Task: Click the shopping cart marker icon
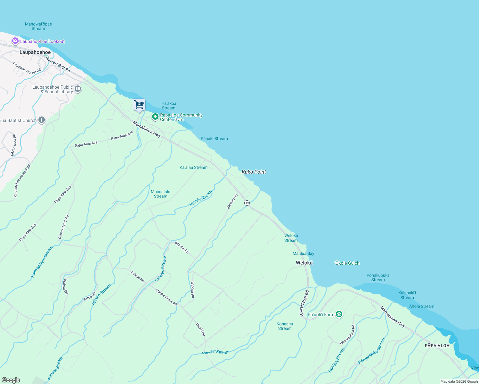tap(139, 105)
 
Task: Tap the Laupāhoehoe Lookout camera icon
tap(15, 41)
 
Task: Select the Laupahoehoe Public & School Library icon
tap(78, 89)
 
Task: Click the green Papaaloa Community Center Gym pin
tap(155, 117)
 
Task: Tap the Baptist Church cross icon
tap(41, 120)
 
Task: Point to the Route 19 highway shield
tap(247, 203)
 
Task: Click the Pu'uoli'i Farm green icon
tap(339, 314)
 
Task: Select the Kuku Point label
tap(254, 172)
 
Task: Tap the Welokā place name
tap(304, 263)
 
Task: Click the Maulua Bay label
tap(303, 253)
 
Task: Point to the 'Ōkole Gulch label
tap(347, 263)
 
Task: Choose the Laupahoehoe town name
tap(35, 52)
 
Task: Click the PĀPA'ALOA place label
tap(437, 346)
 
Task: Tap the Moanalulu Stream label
tap(160, 194)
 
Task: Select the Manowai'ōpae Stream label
tap(38, 26)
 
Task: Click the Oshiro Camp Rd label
tap(63, 227)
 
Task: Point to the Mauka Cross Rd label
tap(166, 297)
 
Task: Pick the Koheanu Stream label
tap(285, 326)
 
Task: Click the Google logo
tap(11, 380)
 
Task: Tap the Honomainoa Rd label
tap(347, 335)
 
